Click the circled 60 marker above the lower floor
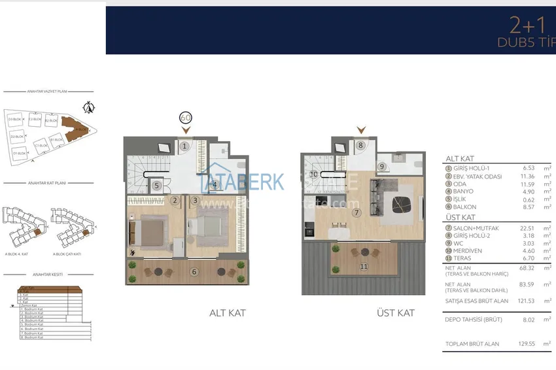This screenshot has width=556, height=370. [x=185, y=118]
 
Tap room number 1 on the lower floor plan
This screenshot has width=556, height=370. [x=185, y=146]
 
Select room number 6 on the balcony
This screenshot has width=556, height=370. [x=193, y=272]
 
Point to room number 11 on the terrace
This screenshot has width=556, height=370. [x=364, y=267]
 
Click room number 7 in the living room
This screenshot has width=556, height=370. [x=356, y=212]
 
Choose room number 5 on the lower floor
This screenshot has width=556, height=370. [x=156, y=186]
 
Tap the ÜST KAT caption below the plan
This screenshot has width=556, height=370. [x=395, y=313]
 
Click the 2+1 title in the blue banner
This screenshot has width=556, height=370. [x=527, y=24]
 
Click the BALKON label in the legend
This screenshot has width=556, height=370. [x=464, y=207]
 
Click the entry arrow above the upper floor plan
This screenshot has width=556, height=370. [x=360, y=130]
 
